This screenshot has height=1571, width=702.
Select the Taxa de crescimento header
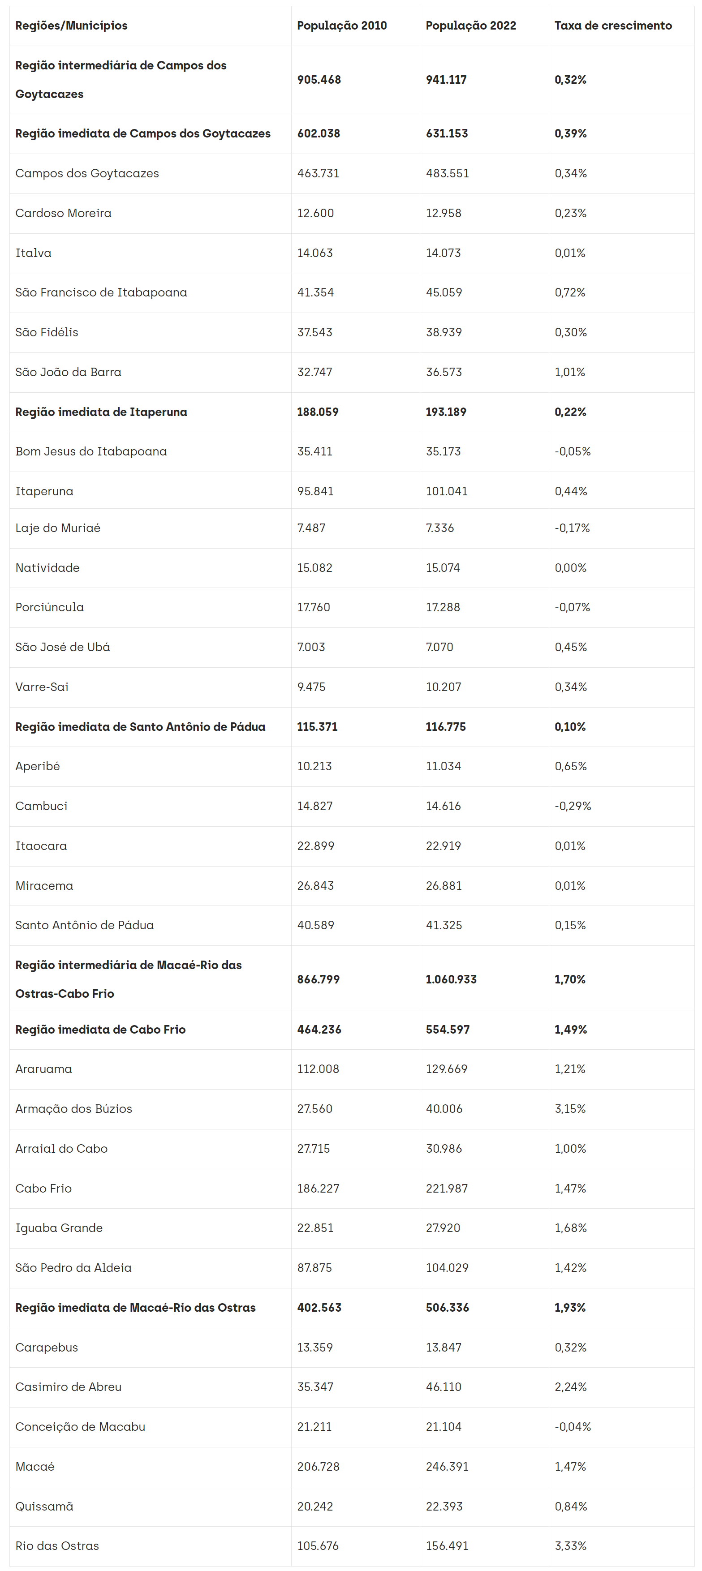(612, 26)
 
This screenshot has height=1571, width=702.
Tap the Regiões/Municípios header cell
(71, 26)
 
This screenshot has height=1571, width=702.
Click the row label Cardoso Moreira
(64, 213)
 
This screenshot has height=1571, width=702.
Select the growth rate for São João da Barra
(570, 372)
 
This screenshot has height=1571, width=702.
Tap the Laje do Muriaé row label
(58, 528)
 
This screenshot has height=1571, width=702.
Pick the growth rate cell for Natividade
(570, 568)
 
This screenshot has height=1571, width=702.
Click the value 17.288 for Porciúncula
(443, 607)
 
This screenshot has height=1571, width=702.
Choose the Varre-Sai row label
(42, 687)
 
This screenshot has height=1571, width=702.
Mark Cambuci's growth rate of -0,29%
(573, 806)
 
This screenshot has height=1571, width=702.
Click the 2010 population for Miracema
(315, 885)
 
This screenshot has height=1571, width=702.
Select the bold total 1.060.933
(451, 979)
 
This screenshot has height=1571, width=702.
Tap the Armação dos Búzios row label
(74, 1109)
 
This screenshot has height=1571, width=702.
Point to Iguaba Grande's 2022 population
(443, 1228)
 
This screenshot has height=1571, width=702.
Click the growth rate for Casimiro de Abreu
(570, 1387)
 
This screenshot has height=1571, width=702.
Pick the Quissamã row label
(44, 1507)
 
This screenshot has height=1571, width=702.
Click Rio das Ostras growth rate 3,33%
(570, 1545)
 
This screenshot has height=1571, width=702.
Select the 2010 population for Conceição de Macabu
(314, 1426)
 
